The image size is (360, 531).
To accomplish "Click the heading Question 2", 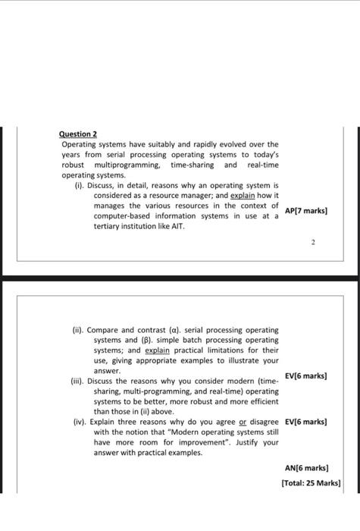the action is [x=79, y=134].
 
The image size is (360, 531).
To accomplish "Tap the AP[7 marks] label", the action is [x=305, y=210].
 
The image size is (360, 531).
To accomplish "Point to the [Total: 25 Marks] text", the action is [x=311, y=482].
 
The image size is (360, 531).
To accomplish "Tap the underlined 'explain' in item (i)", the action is [x=240, y=195].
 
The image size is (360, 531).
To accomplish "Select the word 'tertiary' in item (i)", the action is [x=108, y=226].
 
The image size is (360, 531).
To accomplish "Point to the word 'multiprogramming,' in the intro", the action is [x=127, y=165].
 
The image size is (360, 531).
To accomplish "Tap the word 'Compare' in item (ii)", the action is [x=104, y=330].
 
